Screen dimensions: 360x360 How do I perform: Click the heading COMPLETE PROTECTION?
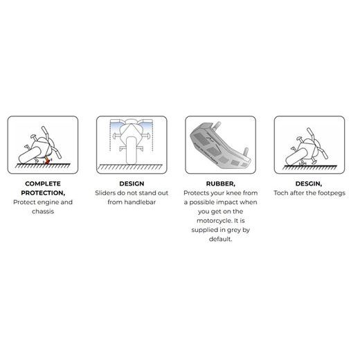coord(43,188)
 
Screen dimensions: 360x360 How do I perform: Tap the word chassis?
coord(43,211)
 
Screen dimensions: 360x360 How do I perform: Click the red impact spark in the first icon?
coord(47,161)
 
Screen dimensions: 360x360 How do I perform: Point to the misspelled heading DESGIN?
coord(309,184)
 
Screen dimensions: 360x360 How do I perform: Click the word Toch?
coord(281,193)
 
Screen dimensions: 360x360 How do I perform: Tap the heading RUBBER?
coord(221,184)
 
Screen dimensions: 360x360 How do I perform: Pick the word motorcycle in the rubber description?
coord(215,221)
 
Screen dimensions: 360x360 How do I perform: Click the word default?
coord(220,239)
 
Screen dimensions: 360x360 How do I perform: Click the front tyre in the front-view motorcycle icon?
coord(132,150)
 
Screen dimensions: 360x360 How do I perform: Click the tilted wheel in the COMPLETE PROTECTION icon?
coord(30,155)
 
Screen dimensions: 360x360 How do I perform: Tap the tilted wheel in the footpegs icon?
coord(296,157)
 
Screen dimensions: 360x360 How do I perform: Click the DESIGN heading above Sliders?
coord(132,184)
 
